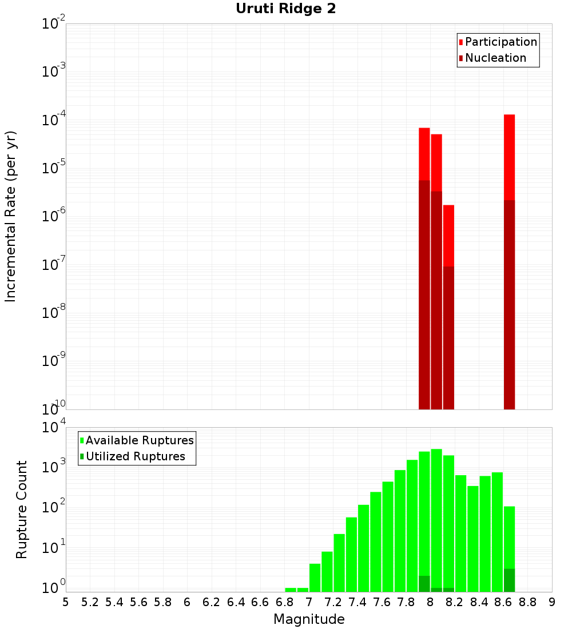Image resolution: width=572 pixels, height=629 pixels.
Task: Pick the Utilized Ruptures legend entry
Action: [135, 457]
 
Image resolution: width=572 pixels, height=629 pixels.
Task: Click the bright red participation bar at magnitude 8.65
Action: [509, 154]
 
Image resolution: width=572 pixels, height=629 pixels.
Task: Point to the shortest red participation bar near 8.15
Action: [448, 234]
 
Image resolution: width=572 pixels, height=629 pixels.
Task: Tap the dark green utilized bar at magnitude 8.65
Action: [509, 580]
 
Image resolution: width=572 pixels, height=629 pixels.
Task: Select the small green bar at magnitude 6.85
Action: [291, 590]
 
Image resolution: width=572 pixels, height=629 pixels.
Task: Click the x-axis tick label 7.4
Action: [357, 602]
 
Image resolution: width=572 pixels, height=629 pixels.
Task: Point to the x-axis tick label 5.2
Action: [90, 602]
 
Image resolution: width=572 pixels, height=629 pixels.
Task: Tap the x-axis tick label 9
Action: [552, 602]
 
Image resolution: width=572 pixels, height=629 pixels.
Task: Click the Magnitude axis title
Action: [309, 619]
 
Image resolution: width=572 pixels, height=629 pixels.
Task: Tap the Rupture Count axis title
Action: [22, 509]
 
